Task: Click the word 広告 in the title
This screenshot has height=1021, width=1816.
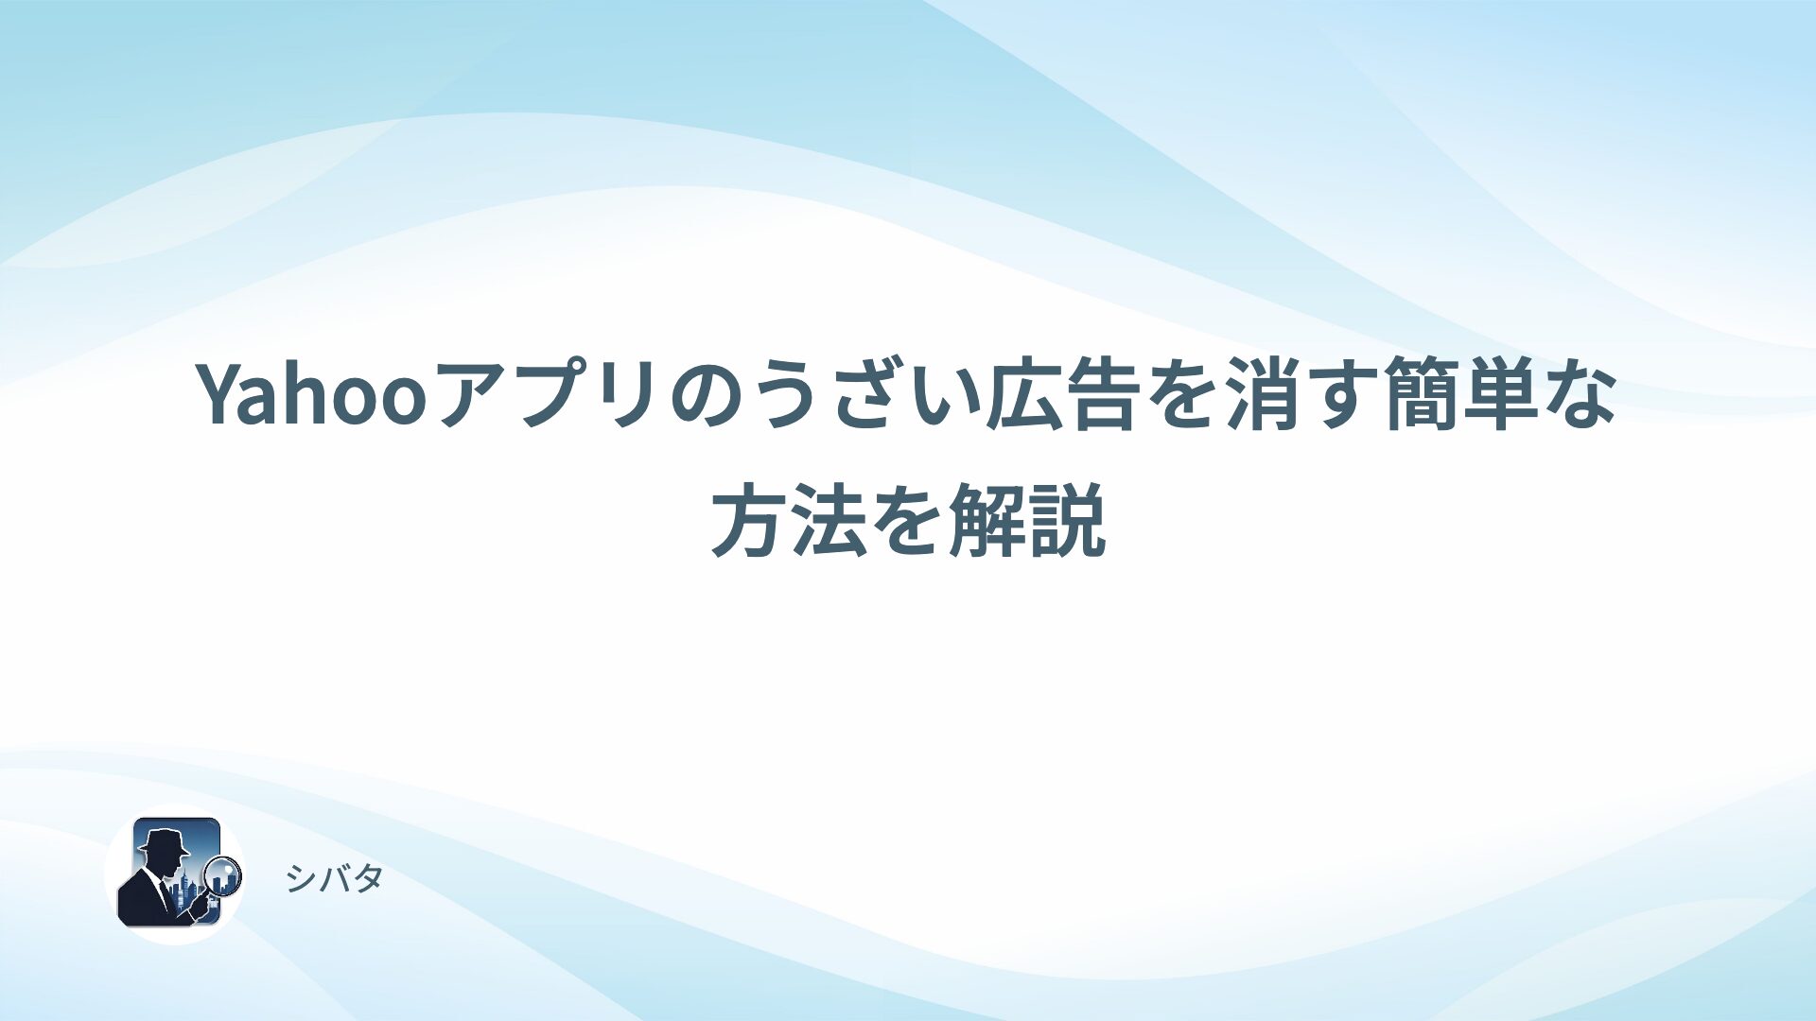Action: click(x=1060, y=395)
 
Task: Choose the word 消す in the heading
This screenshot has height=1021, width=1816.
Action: click(x=1298, y=395)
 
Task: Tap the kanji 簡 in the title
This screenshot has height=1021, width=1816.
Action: click(x=1420, y=395)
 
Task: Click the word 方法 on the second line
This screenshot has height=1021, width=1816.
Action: click(x=789, y=520)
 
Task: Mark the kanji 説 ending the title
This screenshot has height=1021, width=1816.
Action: click(x=1067, y=520)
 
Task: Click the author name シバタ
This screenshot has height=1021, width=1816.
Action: click(x=335, y=879)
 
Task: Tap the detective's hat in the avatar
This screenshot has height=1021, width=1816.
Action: click(x=163, y=839)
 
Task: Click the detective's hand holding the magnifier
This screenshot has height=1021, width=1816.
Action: click(x=201, y=906)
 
